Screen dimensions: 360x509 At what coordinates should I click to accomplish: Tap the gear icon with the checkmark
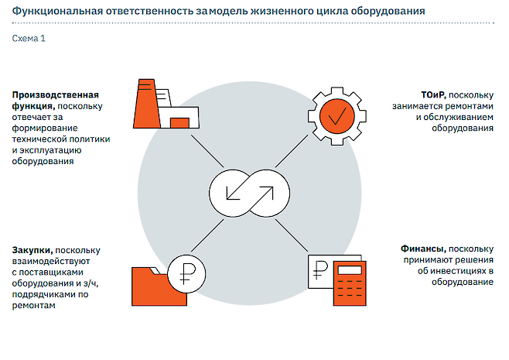[x=337, y=115]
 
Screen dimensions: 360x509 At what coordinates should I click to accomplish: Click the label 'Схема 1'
[x=29, y=38]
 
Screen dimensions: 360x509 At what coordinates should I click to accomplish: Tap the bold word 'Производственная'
[x=55, y=95]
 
